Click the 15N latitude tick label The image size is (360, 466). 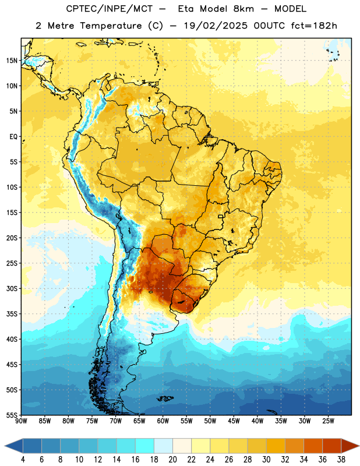(x=12, y=61)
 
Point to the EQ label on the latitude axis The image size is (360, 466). (x=13, y=137)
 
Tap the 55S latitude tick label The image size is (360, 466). (x=12, y=415)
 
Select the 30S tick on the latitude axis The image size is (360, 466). (x=12, y=288)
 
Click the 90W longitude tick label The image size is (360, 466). (x=21, y=421)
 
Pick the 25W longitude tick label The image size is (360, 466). (x=328, y=421)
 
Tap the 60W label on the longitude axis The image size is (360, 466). (x=163, y=421)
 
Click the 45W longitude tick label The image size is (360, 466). (x=234, y=421)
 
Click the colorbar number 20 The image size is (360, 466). (x=172, y=460)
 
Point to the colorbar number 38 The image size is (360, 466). (x=341, y=460)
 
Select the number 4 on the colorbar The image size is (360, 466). (x=23, y=460)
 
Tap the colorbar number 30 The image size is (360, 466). (x=266, y=460)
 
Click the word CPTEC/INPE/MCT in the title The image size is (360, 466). (x=110, y=9)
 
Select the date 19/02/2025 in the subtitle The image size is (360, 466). (x=216, y=26)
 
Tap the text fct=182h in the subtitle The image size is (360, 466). (x=314, y=26)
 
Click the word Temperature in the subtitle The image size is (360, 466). (x=111, y=26)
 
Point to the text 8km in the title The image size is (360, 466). (x=243, y=9)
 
